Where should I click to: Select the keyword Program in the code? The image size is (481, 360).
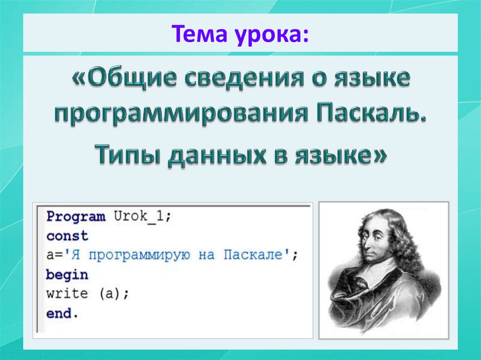point(76,217)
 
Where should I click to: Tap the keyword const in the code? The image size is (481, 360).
point(67,236)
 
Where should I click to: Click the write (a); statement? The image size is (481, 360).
point(87,294)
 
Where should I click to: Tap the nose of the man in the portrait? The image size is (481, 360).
point(371,244)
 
